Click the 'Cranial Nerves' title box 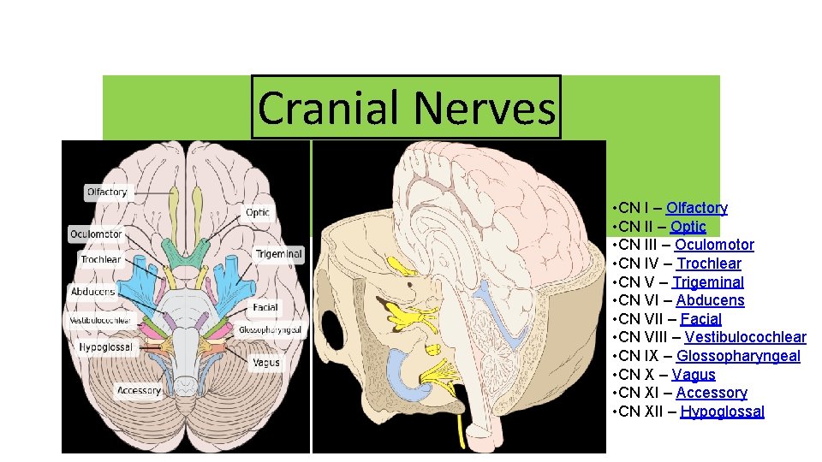tap(406, 108)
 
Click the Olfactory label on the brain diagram tap(107, 192)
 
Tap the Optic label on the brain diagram tap(258, 212)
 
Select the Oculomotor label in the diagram tap(96, 234)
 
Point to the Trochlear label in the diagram tap(101, 259)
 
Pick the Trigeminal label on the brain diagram tap(278, 254)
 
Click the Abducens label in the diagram tap(92, 292)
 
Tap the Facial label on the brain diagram tap(265, 308)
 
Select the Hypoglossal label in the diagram tap(105, 347)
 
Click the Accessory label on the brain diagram tap(139, 391)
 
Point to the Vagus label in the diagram tap(265, 363)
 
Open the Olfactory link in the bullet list tap(697, 208)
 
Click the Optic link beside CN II tap(688, 227)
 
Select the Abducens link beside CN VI tap(710, 300)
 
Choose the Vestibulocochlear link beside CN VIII tap(745, 337)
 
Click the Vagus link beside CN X tap(694, 375)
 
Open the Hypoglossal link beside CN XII tap(722, 412)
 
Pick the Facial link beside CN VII tap(701, 319)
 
